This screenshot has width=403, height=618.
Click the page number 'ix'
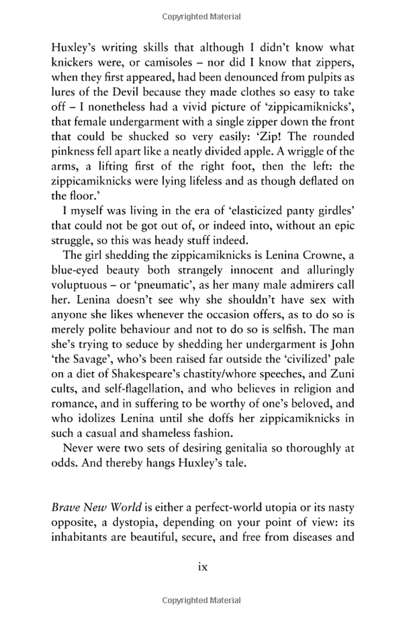pos(201,566)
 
